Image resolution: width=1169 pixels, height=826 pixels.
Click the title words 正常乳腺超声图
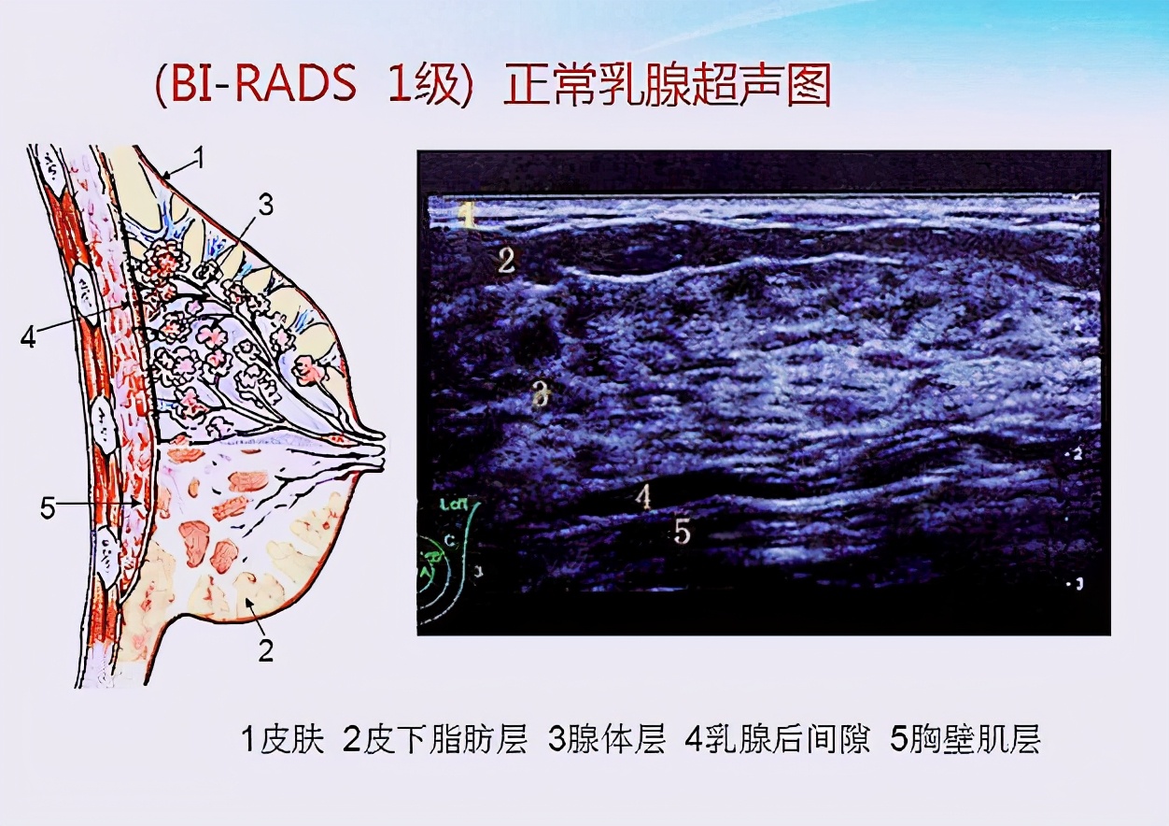(x=667, y=87)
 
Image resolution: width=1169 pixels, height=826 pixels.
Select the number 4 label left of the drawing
(x=29, y=337)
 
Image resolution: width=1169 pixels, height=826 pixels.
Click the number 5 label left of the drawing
(x=49, y=507)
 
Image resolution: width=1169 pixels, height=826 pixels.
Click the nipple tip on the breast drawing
(x=380, y=449)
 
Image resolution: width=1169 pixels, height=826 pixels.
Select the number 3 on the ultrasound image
(x=539, y=395)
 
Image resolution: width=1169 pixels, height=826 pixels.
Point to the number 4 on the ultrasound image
(x=642, y=496)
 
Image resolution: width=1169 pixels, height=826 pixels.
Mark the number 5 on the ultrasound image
(x=683, y=533)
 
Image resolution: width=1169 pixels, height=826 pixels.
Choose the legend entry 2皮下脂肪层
(x=435, y=740)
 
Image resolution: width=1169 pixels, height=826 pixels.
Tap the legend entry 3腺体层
(x=606, y=740)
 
